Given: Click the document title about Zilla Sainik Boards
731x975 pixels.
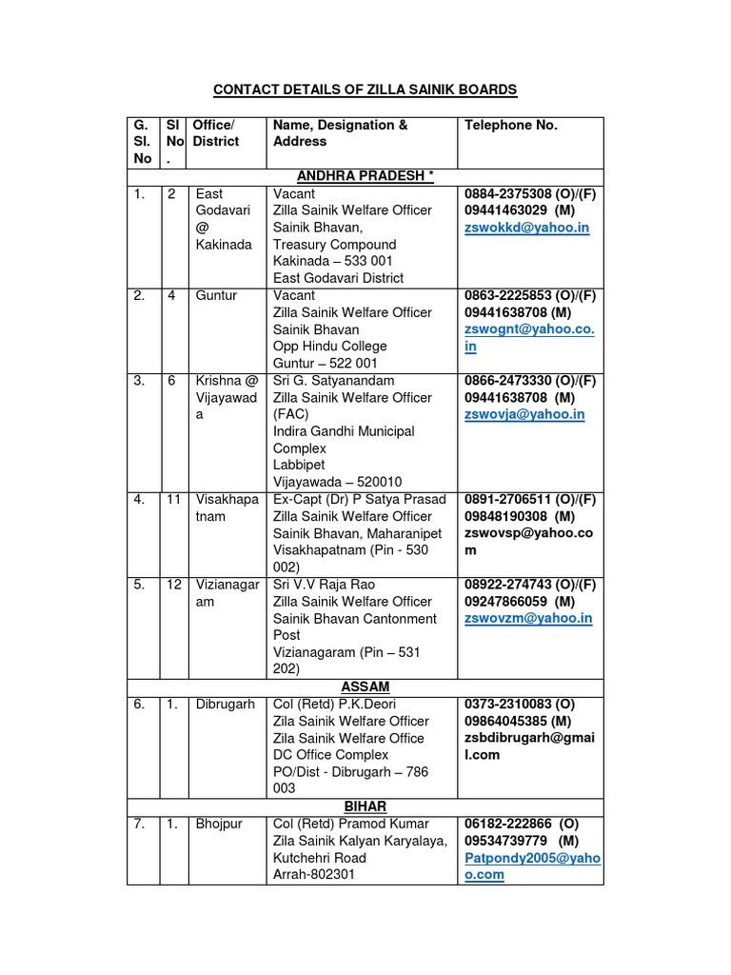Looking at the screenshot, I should [x=365, y=90].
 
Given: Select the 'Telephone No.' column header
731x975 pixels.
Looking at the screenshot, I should [x=510, y=125].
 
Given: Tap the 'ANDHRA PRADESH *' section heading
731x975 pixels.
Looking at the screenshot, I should [x=365, y=177].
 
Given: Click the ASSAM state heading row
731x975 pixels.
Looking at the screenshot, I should [x=365, y=686].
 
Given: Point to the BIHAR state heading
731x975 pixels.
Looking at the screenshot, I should [x=365, y=806].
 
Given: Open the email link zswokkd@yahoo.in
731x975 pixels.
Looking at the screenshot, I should [x=525, y=228].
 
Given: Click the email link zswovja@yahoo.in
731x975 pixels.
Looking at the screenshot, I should [x=524, y=414].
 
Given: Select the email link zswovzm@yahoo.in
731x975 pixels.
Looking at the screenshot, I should [x=527, y=618].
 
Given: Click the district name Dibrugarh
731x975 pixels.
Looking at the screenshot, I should [x=224, y=704].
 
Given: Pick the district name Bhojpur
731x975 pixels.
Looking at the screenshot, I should [x=217, y=824].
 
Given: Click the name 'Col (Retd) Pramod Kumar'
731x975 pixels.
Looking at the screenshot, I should [x=350, y=824].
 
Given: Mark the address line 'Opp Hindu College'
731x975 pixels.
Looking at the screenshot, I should [x=329, y=347].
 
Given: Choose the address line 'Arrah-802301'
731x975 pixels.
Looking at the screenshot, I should [x=313, y=874].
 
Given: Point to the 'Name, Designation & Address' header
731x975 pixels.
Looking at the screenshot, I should [x=340, y=133].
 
